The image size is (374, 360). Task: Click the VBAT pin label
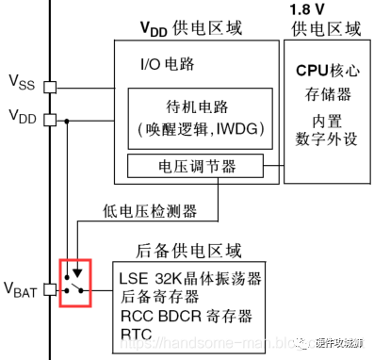23,287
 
